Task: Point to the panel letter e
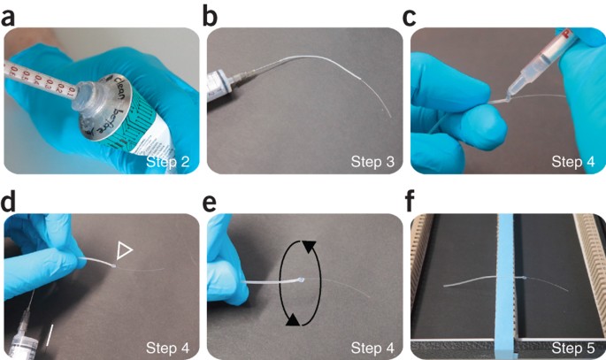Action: coord(210,204)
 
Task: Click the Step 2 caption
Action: coord(167,162)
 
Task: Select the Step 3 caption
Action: coord(372,162)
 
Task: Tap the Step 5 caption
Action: coord(572,348)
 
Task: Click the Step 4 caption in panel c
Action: coord(572,162)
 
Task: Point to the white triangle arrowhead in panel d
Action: coord(125,250)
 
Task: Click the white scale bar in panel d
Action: coord(50,335)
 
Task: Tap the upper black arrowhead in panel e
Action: coord(309,247)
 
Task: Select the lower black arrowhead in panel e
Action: coord(293,320)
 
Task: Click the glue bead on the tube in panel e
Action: coord(303,280)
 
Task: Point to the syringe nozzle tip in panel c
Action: coord(507,98)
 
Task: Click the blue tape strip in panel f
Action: coord(505,286)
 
